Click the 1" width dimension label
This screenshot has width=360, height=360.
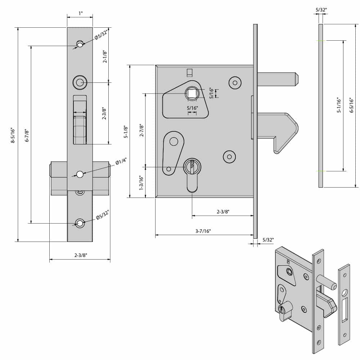[80, 14]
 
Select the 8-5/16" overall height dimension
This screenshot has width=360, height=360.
[13, 135]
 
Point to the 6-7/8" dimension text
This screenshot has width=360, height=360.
[27, 135]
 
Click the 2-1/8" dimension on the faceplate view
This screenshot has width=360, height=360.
[105, 57]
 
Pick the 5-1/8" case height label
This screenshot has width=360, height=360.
[126, 131]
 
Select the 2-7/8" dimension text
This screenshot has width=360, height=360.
[141, 130]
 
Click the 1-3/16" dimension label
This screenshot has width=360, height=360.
[141, 183]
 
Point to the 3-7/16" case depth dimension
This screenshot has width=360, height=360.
[203, 231]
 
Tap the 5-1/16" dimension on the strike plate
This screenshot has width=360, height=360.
[339, 105]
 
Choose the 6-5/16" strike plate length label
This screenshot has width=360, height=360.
[352, 105]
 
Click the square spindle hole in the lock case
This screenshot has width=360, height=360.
[192, 94]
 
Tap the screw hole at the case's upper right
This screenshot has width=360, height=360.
[235, 83]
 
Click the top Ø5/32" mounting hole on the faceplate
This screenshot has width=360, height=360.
[80, 44]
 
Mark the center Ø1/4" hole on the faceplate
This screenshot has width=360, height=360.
[80, 174]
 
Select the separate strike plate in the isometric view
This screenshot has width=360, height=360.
[344, 304]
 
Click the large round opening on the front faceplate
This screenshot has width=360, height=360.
[80, 83]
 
